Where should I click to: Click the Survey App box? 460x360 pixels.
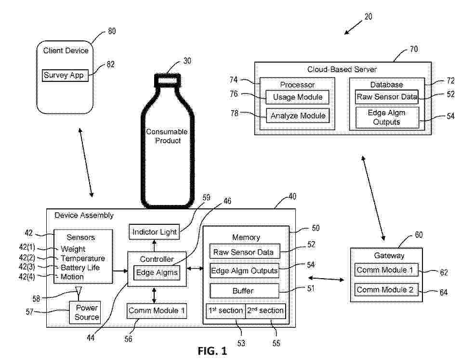click(x=66, y=76)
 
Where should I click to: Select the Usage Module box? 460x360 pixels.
click(x=297, y=97)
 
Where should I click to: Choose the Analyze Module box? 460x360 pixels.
click(x=297, y=116)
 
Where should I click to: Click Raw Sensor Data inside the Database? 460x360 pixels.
click(x=387, y=97)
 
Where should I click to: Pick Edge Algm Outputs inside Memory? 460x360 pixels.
click(x=244, y=271)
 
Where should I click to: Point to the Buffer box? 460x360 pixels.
click(x=244, y=291)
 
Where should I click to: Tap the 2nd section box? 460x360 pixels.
click(x=265, y=311)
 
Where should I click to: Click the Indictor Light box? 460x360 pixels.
click(x=154, y=232)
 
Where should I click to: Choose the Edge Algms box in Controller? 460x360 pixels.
click(x=157, y=273)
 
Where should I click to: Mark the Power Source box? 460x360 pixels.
click(x=87, y=312)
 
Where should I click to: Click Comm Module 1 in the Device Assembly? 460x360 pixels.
click(x=157, y=311)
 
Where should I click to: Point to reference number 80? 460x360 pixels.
click(x=111, y=31)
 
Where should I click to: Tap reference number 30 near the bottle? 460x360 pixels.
click(x=187, y=61)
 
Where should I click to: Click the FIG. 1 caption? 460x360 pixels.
click(x=212, y=351)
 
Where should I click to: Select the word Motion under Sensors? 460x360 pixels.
click(x=72, y=277)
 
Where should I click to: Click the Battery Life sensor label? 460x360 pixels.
click(x=80, y=268)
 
